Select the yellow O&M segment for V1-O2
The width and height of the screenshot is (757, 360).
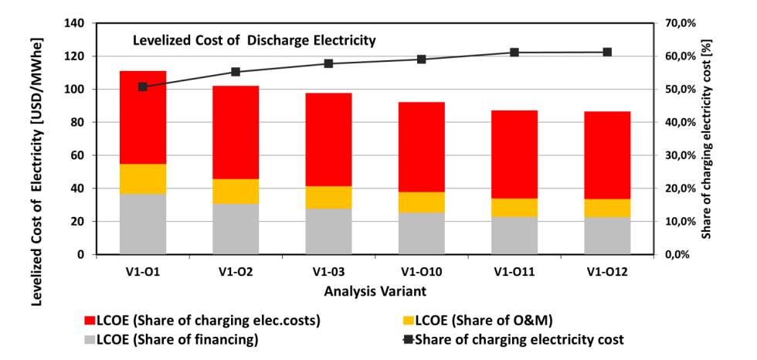pos(236,191)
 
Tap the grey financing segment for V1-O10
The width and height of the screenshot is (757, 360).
pos(422,233)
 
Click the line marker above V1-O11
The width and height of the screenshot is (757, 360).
pos(514,53)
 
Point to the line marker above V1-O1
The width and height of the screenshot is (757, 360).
pos(143,87)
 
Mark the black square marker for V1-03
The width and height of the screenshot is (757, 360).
pos(328,63)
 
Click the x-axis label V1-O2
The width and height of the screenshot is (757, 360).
pos(236,271)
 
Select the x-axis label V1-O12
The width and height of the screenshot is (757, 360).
pos(607,271)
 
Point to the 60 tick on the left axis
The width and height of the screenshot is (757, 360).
pos(77,155)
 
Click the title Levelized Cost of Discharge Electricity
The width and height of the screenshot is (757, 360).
pos(255,40)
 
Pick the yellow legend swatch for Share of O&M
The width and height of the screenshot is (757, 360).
pos(409,320)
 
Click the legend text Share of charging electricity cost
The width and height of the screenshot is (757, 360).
pos(519,339)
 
